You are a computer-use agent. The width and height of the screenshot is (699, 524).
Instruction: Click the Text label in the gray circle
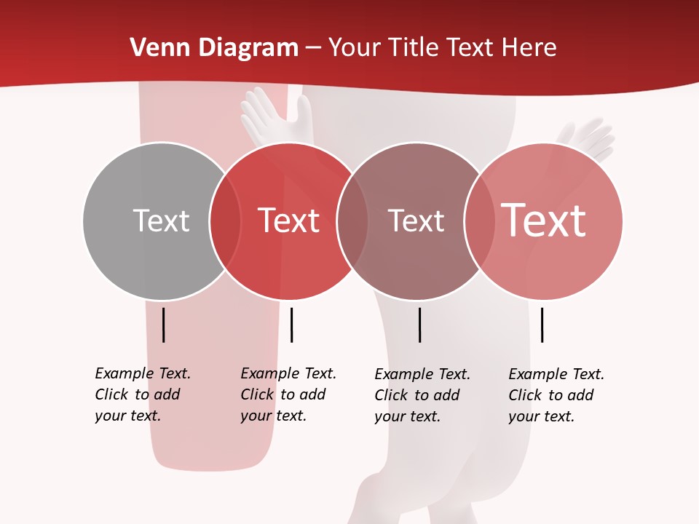[161, 221]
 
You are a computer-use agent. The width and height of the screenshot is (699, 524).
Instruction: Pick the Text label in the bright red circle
[289, 221]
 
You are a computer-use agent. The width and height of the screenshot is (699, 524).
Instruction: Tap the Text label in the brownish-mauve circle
[416, 221]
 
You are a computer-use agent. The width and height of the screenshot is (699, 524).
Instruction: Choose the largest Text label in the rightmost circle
[544, 221]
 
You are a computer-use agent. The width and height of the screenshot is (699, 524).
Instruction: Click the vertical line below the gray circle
[163, 325]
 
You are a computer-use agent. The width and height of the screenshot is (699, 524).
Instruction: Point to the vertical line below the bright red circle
[291, 325]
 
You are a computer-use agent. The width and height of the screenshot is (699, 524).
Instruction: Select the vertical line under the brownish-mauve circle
[419, 325]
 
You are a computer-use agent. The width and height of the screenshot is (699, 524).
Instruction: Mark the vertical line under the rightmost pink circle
[542, 325]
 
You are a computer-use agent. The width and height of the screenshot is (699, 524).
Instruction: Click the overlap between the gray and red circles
[225, 221]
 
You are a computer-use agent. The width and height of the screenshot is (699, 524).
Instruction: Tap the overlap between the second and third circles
[352, 221]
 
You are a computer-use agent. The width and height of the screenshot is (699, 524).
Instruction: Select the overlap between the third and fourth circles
[479, 221]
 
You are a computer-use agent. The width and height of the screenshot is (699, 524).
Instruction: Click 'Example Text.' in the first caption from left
[143, 373]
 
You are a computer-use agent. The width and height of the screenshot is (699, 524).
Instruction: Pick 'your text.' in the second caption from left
[273, 416]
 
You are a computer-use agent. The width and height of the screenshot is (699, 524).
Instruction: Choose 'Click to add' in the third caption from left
[417, 395]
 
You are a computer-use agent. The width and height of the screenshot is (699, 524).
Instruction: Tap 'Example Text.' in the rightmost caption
[556, 374]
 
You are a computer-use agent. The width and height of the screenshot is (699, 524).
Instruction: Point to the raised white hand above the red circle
[273, 116]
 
